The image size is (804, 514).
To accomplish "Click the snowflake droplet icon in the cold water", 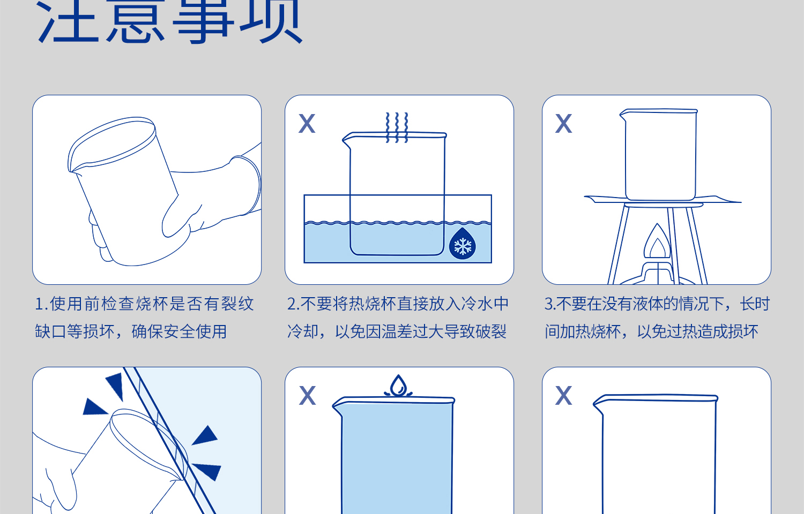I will (463, 245).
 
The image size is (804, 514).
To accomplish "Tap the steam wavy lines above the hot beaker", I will (397, 127).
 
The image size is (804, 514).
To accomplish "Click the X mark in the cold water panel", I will (307, 124).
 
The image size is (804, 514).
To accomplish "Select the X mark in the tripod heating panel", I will (564, 124).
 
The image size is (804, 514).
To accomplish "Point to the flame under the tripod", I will (657, 244).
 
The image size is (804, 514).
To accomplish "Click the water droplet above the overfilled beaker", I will (398, 385).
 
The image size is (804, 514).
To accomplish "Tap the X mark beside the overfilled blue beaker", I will (308, 396).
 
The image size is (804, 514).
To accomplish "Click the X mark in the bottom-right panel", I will (564, 396).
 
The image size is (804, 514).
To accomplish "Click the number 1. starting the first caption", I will (41, 304).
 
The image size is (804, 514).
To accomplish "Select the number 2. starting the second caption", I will (293, 304).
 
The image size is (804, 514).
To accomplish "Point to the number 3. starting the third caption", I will (550, 304).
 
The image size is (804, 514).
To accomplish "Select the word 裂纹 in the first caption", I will (238, 304).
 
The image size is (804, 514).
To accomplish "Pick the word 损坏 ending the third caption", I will (742, 332).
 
